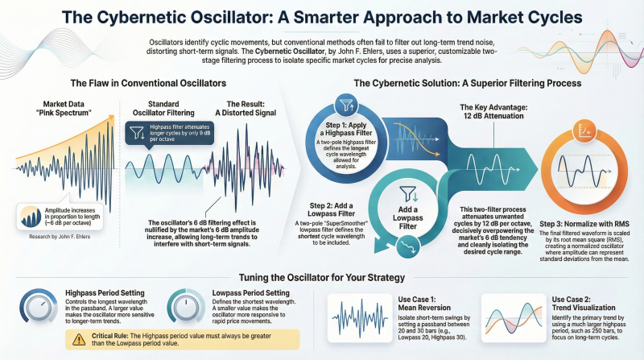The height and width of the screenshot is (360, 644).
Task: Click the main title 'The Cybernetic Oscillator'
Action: (322, 17)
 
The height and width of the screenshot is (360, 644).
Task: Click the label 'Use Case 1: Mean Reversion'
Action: (419, 301)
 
